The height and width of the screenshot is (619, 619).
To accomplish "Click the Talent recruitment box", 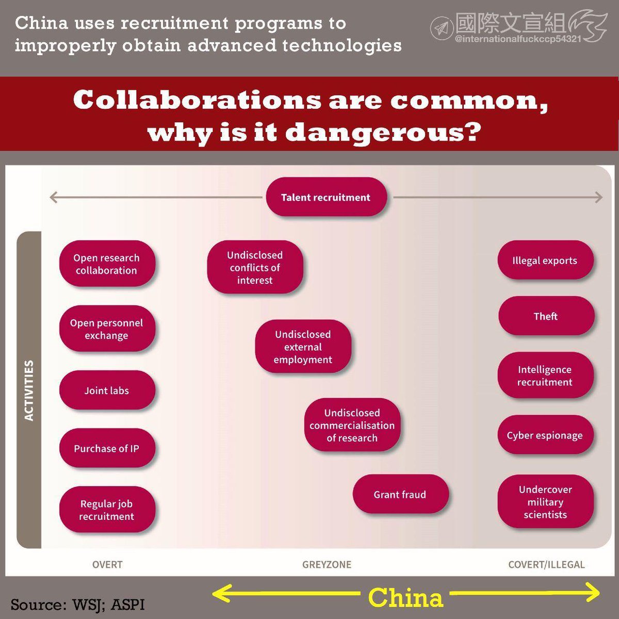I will (x=326, y=197).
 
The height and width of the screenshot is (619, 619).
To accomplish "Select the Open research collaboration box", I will (x=107, y=264).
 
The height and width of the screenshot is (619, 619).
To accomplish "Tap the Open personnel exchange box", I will (x=107, y=329).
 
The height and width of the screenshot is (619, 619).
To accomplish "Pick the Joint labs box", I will (x=107, y=390).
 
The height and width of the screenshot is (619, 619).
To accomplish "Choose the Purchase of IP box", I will (x=107, y=448).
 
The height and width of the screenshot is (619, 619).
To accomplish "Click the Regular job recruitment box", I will (x=107, y=510).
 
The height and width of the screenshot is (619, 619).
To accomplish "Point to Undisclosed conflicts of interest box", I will (x=255, y=267).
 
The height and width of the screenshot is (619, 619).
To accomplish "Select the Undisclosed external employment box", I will (x=303, y=347).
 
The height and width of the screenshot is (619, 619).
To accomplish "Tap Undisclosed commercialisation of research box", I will (x=352, y=425).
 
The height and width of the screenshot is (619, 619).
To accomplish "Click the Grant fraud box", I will (x=400, y=494).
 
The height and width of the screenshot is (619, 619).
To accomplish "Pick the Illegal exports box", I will (x=545, y=260).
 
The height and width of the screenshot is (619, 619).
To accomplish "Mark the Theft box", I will (x=546, y=316).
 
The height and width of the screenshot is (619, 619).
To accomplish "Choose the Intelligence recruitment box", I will (x=545, y=376).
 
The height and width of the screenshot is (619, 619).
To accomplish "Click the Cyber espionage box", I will (x=545, y=435).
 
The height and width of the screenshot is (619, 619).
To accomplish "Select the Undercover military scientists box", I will (x=545, y=502).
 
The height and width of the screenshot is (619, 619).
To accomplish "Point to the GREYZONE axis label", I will (x=327, y=564).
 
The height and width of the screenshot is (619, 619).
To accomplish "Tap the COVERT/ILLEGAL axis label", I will (x=546, y=564).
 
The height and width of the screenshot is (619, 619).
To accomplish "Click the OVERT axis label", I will (x=107, y=564).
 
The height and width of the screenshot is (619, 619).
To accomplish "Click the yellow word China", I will (x=405, y=598).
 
